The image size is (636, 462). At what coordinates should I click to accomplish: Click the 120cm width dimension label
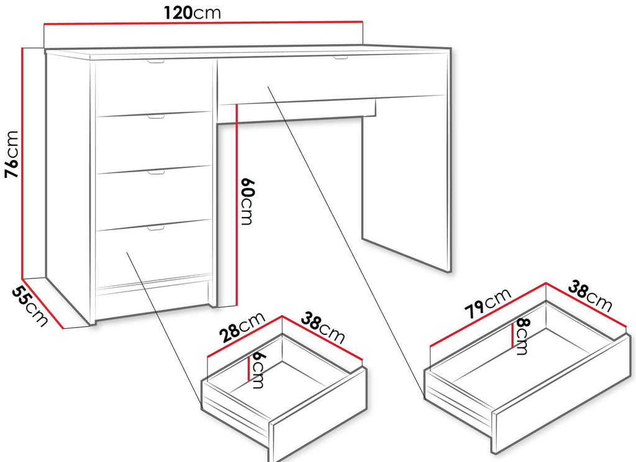[193, 12]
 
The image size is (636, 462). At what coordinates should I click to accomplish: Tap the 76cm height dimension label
[11, 154]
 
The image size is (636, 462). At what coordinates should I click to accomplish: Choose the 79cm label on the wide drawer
[488, 303]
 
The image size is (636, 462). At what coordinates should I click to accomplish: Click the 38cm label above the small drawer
[322, 328]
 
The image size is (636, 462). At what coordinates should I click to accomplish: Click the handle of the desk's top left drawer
[156, 62]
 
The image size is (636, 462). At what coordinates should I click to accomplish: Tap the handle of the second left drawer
[156, 117]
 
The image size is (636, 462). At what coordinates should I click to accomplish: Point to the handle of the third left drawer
[156, 173]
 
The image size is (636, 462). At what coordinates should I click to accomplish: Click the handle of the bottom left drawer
[156, 229]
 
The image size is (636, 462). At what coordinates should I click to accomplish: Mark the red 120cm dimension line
[203, 23]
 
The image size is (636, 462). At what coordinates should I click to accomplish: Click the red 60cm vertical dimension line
[236, 205]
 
